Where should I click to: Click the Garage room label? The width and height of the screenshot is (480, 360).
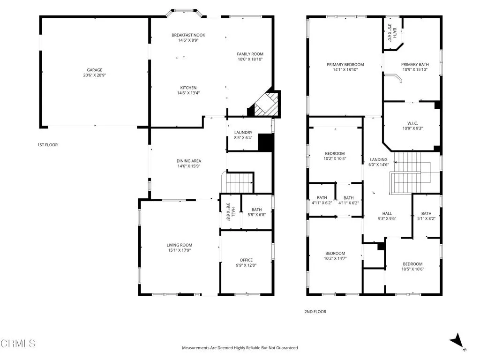[94, 70]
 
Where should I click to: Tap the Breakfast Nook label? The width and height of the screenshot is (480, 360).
[188, 35]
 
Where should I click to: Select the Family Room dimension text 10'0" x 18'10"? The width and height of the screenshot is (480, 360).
[250, 60]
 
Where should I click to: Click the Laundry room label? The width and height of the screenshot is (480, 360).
[243, 133]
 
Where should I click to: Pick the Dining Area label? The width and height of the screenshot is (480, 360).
[189, 161]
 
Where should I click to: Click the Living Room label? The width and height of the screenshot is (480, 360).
[179, 245]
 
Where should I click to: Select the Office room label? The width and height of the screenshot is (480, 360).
[246, 260]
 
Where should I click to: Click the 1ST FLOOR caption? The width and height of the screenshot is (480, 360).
[48, 145]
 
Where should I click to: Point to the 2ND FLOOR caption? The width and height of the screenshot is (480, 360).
[315, 312]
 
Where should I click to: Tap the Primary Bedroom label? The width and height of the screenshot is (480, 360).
[345, 65]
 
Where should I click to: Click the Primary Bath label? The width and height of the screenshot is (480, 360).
[414, 65]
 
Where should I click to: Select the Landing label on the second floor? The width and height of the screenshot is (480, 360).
[379, 159]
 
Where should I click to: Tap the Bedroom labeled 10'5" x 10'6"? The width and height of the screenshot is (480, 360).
[412, 264]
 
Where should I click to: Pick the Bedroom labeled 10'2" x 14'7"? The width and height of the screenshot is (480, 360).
[335, 253]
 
